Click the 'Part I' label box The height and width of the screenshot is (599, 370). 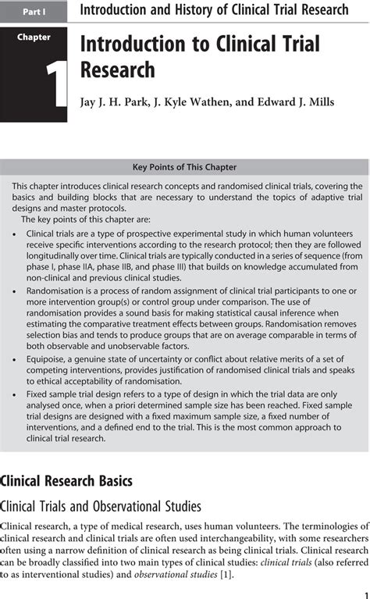(34, 12)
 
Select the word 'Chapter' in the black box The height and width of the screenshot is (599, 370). (34, 37)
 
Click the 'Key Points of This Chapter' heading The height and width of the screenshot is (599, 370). (184, 167)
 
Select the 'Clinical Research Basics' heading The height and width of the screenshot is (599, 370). (66, 480)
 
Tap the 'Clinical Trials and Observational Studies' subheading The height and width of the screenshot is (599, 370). (101, 506)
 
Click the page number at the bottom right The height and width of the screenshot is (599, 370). (365, 591)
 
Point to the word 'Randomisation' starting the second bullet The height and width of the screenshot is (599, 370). (57, 290)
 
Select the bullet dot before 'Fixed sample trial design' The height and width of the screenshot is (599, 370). (16, 394)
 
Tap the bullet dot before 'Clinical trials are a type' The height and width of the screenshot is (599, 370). (16, 233)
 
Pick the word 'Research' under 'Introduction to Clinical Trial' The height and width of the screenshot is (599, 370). (117, 71)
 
